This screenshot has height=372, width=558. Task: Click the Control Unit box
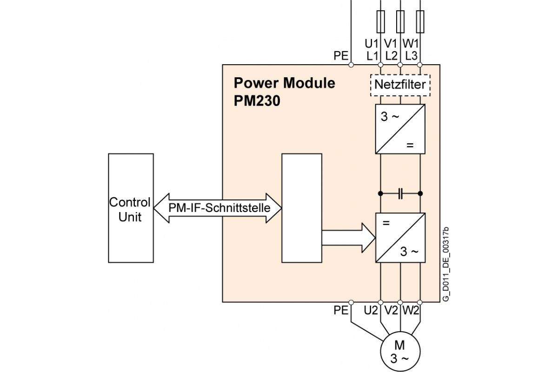coord(130,208)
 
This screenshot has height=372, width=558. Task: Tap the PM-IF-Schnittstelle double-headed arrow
coord(218,208)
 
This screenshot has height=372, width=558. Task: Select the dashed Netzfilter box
coord(400,85)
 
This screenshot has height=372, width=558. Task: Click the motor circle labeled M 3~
coord(400,352)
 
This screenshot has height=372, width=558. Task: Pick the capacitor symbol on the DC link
coord(400,193)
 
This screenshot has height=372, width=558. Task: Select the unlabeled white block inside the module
coord(302,208)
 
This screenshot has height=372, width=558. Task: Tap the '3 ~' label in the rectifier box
coord(390,117)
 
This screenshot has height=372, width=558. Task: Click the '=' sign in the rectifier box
coord(410,145)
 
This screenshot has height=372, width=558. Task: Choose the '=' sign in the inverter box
coord(385,223)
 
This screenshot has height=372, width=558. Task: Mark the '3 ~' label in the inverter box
coord(409,252)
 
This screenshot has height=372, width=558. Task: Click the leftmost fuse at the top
coord(380,22)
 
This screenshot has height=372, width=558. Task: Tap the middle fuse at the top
coord(400,22)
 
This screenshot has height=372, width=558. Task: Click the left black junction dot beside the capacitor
coord(380,193)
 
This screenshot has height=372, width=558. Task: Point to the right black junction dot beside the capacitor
coord(420,193)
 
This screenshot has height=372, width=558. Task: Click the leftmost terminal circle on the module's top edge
coord(351,65)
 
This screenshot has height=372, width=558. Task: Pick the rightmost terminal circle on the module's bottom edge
coord(420,302)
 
